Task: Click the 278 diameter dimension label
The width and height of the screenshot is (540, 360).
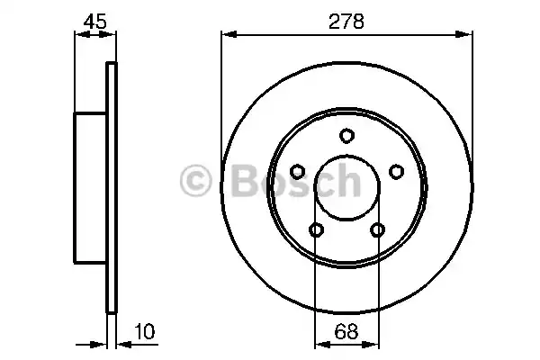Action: point(346,22)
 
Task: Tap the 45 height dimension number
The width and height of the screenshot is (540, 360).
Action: point(95,22)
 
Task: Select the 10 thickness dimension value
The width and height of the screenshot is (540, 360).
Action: point(145,331)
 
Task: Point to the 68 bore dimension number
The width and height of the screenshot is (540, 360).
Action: point(346,331)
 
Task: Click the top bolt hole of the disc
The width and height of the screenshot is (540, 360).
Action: point(346,135)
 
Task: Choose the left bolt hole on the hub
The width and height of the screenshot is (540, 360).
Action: point(297,172)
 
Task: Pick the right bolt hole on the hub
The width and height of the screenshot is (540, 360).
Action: point(396,172)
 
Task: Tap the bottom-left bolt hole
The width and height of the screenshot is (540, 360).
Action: point(316,229)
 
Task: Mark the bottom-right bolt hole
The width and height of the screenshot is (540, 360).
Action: point(377,229)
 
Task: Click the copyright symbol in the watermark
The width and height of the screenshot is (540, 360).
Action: point(195,180)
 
